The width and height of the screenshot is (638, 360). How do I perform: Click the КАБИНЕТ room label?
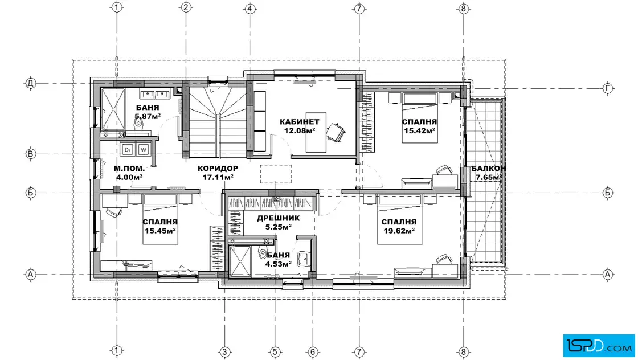300,122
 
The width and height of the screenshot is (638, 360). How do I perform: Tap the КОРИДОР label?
218,169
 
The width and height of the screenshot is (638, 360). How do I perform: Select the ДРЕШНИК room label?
279,218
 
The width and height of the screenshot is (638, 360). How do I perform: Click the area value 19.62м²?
399,231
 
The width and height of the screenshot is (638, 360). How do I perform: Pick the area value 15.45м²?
160,231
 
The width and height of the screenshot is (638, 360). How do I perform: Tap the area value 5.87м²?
148,116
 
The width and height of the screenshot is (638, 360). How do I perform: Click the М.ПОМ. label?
129,169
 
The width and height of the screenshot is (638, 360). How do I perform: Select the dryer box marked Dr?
128,149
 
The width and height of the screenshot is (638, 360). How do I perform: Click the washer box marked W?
143,149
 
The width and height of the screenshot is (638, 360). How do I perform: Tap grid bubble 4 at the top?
250,8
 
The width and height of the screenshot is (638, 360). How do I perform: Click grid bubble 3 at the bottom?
224,351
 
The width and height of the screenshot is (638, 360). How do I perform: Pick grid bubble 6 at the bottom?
313,351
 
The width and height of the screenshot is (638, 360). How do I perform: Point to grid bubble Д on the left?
31,83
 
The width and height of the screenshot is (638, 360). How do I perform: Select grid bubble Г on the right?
607,88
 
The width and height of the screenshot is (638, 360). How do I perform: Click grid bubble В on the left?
31,154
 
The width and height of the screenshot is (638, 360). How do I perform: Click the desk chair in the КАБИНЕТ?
336,132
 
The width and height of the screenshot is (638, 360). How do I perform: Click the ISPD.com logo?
599,345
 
